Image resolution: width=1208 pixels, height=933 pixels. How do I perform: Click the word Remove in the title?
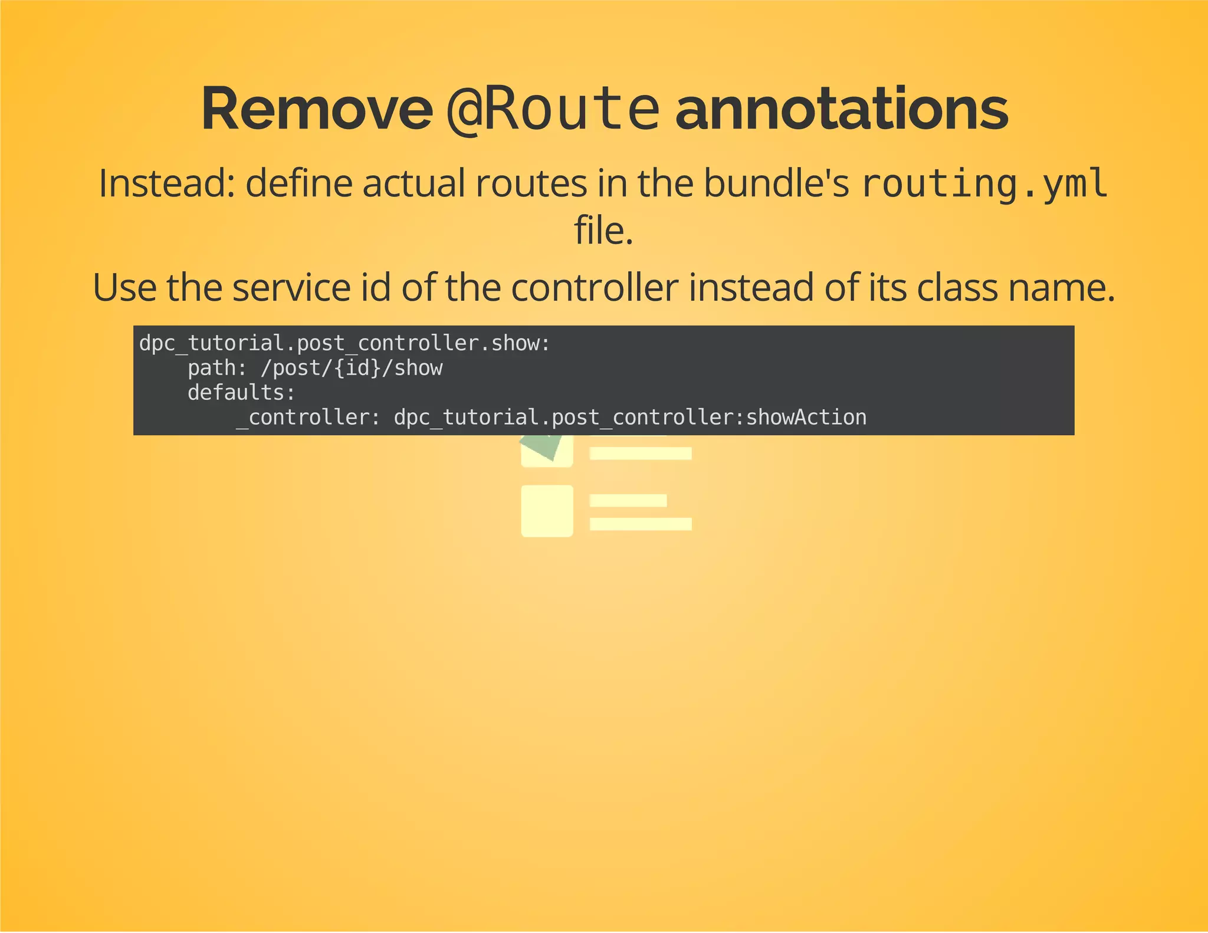(x=317, y=110)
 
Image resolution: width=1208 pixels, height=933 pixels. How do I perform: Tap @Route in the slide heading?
(x=552, y=110)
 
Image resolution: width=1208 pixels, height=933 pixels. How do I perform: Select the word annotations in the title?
(x=841, y=110)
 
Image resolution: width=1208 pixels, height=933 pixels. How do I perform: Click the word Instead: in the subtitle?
(x=167, y=183)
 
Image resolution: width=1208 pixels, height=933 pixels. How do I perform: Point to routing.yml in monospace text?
(x=984, y=183)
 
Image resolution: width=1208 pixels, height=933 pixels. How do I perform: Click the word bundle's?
(x=776, y=183)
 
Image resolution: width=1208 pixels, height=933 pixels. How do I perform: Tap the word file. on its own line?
(x=603, y=231)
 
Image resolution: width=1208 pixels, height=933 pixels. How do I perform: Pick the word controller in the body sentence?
(x=595, y=288)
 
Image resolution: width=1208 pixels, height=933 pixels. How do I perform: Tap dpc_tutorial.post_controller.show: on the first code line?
(x=344, y=343)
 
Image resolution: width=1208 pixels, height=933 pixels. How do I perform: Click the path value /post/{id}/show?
(x=352, y=368)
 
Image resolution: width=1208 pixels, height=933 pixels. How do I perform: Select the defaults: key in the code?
(x=241, y=393)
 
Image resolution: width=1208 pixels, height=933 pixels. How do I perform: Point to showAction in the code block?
(x=806, y=418)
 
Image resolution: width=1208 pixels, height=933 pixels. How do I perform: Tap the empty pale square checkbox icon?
(x=547, y=511)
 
